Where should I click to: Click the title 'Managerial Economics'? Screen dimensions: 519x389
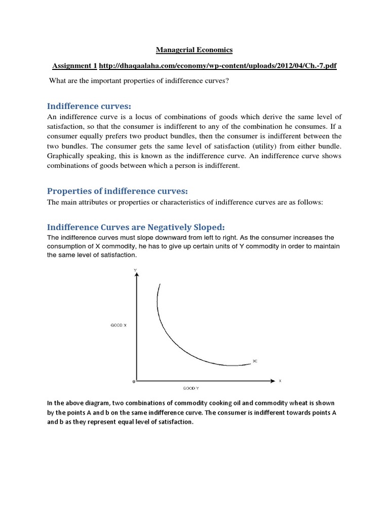194,50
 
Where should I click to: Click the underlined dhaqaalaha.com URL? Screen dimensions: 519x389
218,66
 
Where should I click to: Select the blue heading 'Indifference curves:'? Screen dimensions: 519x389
89,106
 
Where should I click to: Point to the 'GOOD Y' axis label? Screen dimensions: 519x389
190,388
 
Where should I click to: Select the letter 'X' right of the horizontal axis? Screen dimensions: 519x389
279,380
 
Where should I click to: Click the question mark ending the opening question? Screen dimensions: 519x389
228,81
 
